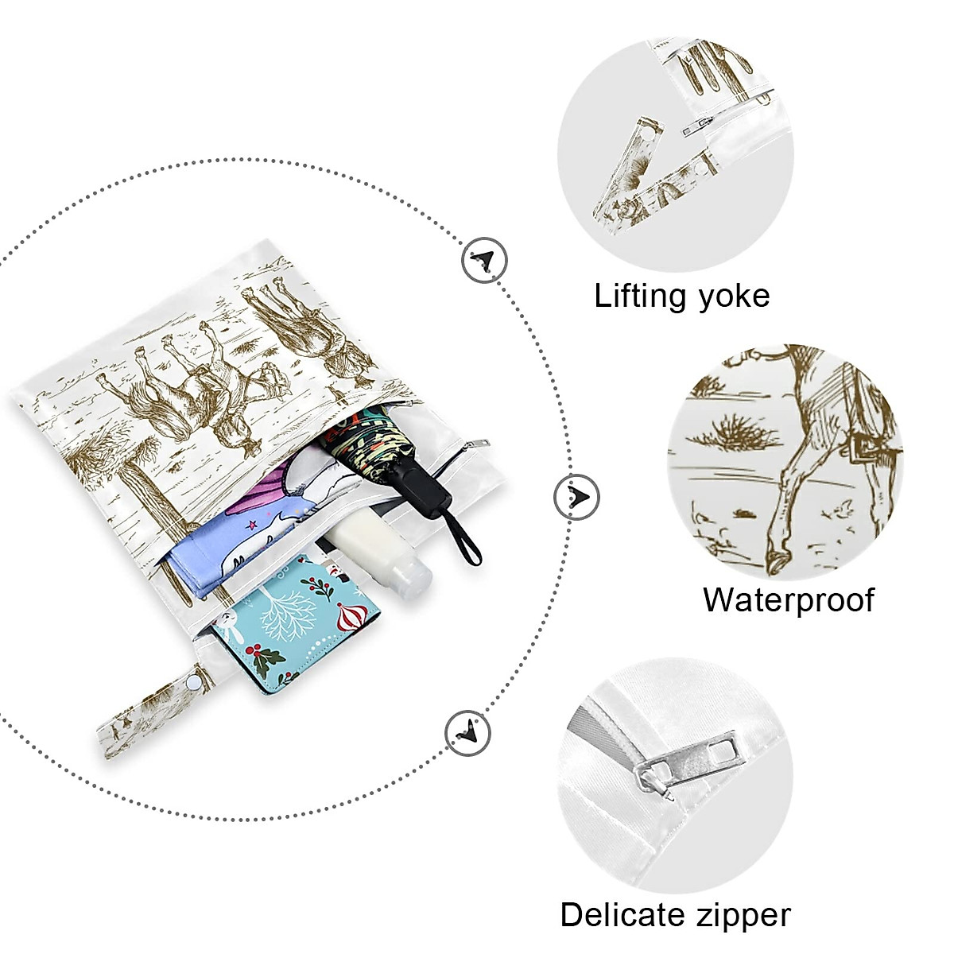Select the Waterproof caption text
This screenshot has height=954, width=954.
tap(789, 600)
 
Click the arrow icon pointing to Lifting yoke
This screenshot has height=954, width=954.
tap(485, 260)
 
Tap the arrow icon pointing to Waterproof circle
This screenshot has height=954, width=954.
tap(576, 497)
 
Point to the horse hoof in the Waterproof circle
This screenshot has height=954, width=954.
tap(774, 562)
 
